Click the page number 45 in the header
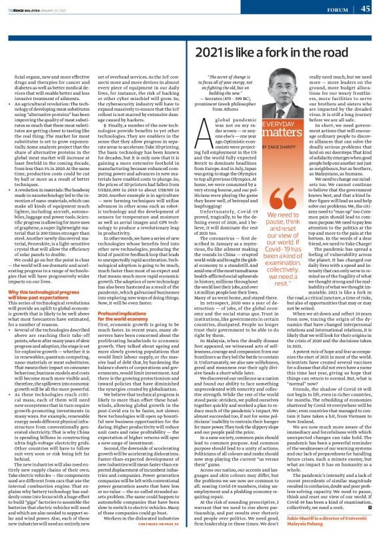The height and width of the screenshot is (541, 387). pyautogui.click(x=366, y=9)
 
